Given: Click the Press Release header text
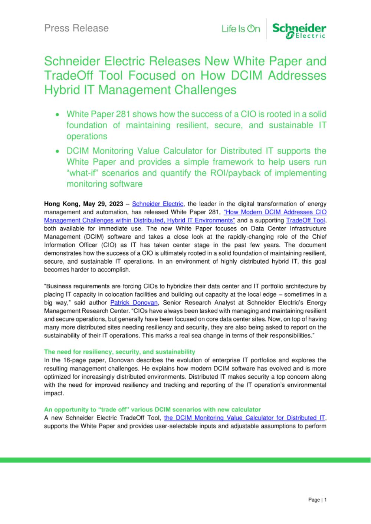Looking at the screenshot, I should [76, 28].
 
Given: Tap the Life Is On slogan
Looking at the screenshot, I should [241, 29].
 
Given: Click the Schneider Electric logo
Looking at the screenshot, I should [299, 30].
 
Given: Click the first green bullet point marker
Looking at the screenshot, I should [57, 115].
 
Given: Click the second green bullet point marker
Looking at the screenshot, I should [57, 151].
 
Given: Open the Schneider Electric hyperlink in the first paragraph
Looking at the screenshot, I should [158, 204].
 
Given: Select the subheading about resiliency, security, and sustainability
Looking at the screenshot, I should [119, 352].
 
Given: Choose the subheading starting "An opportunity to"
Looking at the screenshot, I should [152, 409].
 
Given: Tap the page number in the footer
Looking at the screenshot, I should [317, 500].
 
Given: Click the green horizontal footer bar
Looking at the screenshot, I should [185, 460].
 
